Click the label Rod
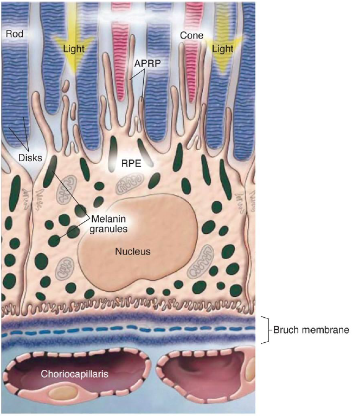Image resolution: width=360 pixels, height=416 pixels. coord(14,34)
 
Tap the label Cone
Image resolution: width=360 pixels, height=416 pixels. coord(191,36)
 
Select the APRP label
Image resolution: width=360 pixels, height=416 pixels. coord(147,63)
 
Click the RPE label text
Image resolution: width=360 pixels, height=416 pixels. coord(131,163)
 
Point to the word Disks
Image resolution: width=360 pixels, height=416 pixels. coord(30,158)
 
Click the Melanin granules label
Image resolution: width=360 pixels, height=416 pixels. coord(108,223)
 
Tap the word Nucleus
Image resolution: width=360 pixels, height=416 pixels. coord(133,251)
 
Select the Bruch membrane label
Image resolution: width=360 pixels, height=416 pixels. coord(311,330)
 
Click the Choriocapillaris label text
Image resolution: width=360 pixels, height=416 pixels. coord(74,374)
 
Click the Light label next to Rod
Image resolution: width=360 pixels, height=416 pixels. coord(74,49)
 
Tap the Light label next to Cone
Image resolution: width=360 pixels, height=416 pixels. coord(223,49)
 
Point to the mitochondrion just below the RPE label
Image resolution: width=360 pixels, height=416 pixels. coord(130,183)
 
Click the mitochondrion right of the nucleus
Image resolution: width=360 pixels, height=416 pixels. coord(200,261)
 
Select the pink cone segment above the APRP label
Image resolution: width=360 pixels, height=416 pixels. coord(120,61)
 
